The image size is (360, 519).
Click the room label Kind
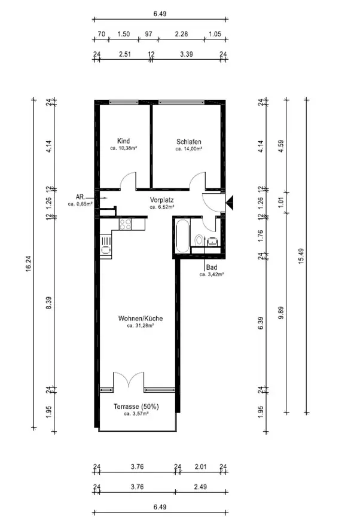pyautogui.click(x=124, y=141)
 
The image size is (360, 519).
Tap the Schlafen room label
pyautogui.click(x=189, y=142)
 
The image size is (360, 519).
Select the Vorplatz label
pyautogui.click(x=161, y=200)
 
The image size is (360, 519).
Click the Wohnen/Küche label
pyautogui.click(x=141, y=319)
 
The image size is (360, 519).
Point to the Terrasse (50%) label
pyautogui.click(x=136, y=407)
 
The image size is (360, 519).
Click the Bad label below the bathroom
pyautogui.click(x=212, y=267)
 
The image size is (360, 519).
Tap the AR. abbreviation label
pyautogui.click(x=81, y=197)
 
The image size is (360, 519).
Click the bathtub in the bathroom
pyautogui.click(x=183, y=236)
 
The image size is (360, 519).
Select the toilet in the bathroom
pyautogui.click(x=199, y=239)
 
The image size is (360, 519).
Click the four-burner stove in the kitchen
pyautogui.click(x=125, y=224)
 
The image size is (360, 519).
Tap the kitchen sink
pyautogui.click(x=106, y=245)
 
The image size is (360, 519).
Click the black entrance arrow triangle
pyautogui.click(x=230, y=203)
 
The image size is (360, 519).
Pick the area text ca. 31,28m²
pyautogui.click(x=141, y=326)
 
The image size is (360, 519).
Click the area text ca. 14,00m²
pyautogui.click(x=189, y=149)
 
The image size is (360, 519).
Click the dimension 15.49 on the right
pyautogui.click(x=301, y=255)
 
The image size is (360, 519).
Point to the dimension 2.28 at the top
pyautogui.click(x=181, y=33)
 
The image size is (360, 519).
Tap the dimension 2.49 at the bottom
pyautogui.click(x=200, y=487)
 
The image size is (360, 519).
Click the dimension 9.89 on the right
pyautogui.click(x=281, y=313)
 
